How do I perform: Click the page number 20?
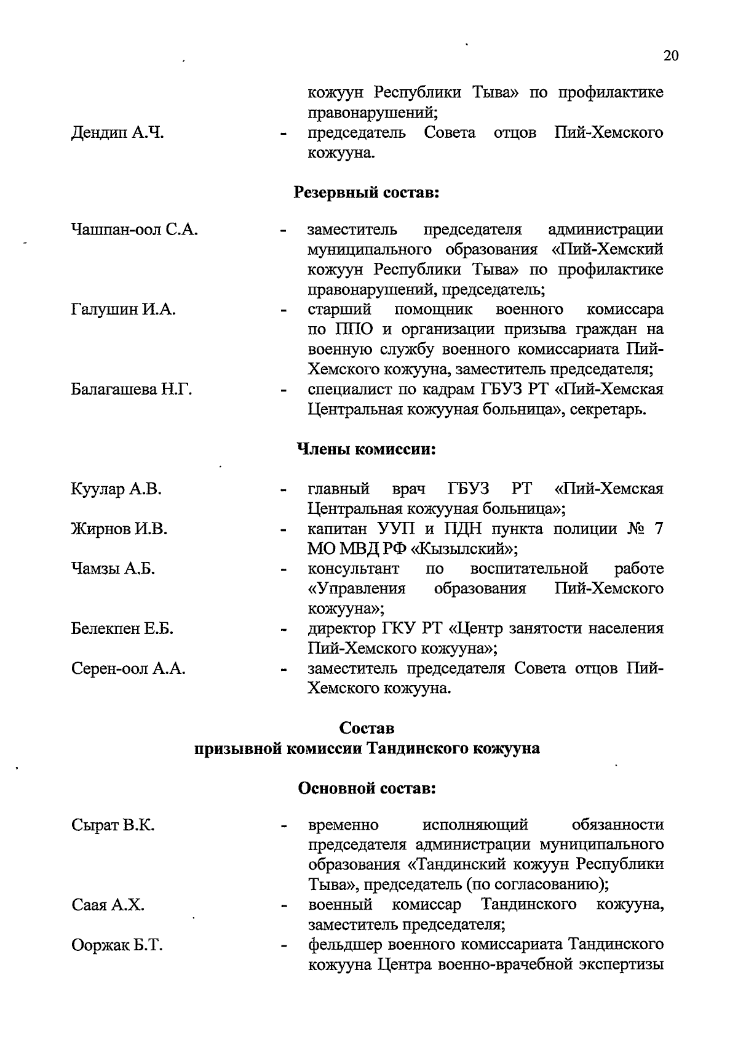pyautogui.click(x=671, y=56)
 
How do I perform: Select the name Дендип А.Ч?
pyautogui.click(x=117, y=133)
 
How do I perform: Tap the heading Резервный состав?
pyautogui.click(x=367, y=193)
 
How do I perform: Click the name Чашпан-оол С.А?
pyautogui.click(x=135, y=230)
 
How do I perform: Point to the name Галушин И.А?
pyautogui.click(x=124, y=310)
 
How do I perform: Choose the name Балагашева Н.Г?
pyautogui.click(x=132, y=390)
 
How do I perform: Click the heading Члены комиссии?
pyautogui.click(x=367, y=449)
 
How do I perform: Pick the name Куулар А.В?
pyautogui.click(x=116, y=489)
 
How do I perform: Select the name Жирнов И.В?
pyautogui.click(x=119, y=529)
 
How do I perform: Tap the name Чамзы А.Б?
pyautogui.click(x=113, y=569)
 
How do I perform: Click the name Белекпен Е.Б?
pyautogui.click(x=122, y=629)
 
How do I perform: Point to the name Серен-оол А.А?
pyautogui.click(x=129, y=669)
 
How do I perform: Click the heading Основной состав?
pyautogui.click(x=367, y=788)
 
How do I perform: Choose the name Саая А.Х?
pyautogui.click(x=108, y=905)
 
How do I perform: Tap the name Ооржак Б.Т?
pyautogui.click(x=117, y=945)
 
